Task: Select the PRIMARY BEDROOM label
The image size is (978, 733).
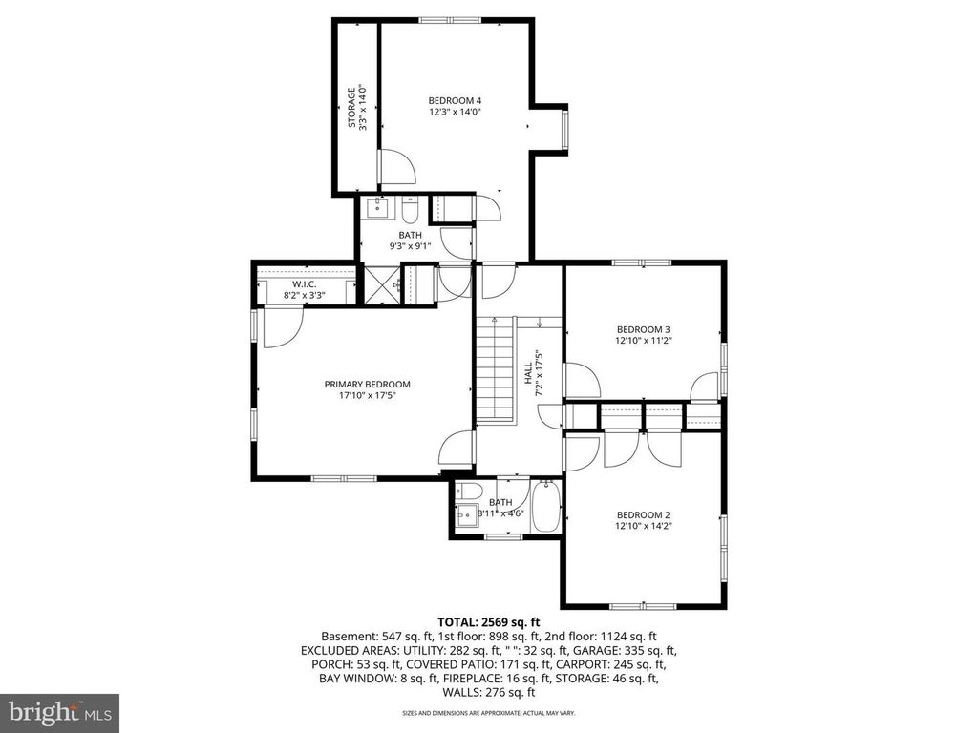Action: (x=367, y=385)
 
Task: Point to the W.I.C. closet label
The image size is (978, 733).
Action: (x=305, y=283)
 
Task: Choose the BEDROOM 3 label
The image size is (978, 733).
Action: (x=643, y=330)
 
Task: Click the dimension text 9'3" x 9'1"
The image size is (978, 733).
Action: (x=410, y=246)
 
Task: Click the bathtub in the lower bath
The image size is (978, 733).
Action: (x=546, y=506)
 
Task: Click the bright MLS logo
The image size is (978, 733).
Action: (x=59, y=712)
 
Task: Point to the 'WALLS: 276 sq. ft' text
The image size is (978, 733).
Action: (x=488, y=691)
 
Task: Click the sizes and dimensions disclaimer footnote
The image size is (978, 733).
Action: (x=488, y=713)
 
